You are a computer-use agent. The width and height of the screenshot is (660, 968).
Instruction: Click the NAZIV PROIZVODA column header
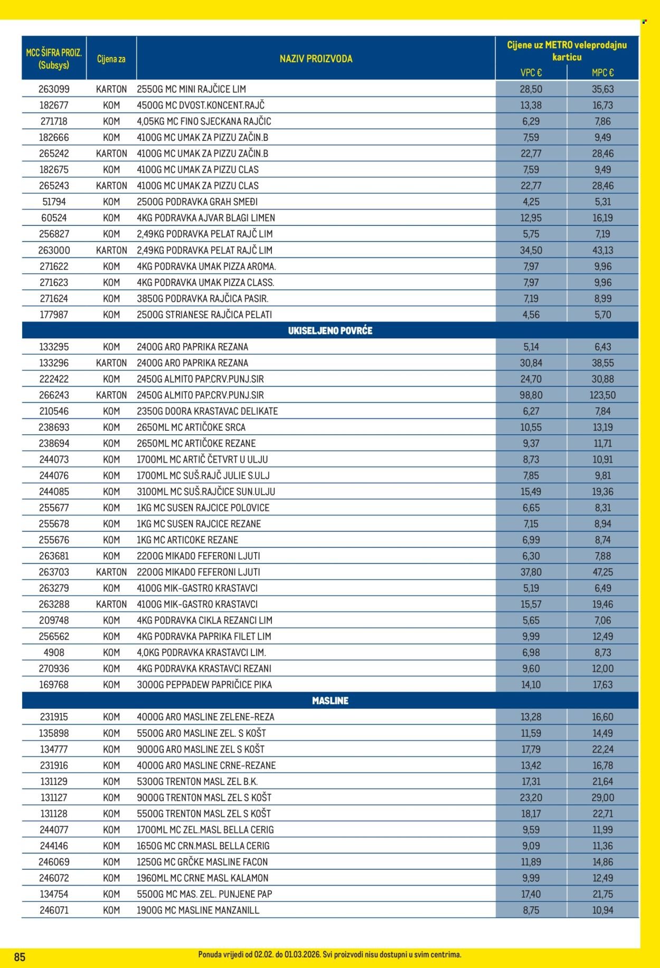[316, 59]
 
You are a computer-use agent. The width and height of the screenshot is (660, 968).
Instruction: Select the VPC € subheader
[531, 73]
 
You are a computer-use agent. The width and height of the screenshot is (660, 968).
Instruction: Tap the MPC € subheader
[602, 73]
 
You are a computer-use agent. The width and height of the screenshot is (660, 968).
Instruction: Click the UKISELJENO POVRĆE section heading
[330, 331]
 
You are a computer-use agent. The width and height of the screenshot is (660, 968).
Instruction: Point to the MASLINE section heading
[330, 701]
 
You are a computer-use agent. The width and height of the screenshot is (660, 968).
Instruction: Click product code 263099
[54, 89]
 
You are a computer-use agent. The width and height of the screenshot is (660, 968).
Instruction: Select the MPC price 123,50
[602, 395]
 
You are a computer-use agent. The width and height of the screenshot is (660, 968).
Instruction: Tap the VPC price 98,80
[531, 395]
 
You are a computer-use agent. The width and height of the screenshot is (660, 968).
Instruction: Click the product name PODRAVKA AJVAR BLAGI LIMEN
[206, 218]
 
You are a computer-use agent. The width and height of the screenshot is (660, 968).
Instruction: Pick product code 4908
[54, 653]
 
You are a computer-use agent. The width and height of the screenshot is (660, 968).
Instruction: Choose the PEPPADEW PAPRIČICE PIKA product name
[204, 685]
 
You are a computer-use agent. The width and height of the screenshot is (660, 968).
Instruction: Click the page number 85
[20, 957]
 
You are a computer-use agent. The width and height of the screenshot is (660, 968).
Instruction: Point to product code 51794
[54, 202]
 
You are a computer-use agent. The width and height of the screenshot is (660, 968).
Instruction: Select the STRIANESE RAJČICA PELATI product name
[204, 315]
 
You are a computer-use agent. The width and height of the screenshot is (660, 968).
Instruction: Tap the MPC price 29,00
[602, 798]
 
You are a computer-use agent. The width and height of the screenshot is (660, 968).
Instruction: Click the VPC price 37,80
[531, 572]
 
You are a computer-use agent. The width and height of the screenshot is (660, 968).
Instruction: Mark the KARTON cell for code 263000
[111, 250]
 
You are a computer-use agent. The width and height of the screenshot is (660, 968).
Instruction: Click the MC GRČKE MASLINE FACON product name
[202, 862]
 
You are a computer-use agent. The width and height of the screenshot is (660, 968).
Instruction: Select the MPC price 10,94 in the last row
[602, 910]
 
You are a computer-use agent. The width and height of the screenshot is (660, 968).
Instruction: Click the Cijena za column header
[111, 59]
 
